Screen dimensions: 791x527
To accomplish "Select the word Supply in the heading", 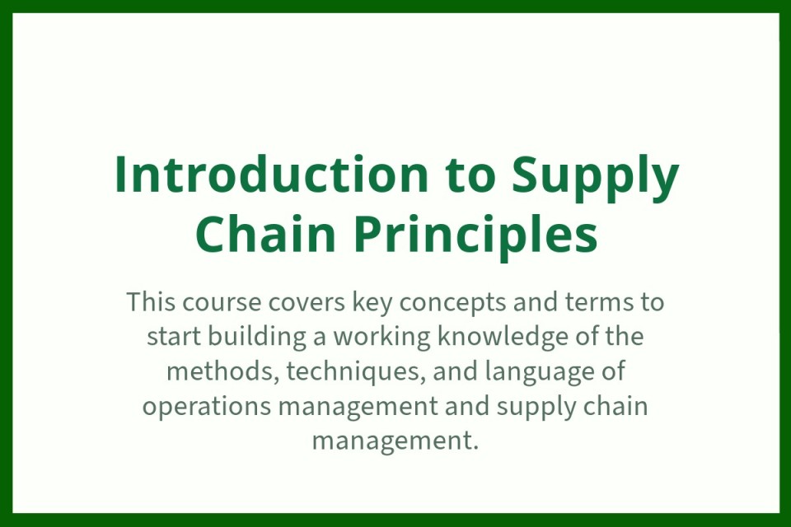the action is point(595,178).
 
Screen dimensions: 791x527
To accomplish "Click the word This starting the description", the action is point(152,301).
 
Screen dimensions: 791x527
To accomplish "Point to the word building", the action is point(257,337).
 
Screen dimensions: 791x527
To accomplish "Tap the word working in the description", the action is point(381,337).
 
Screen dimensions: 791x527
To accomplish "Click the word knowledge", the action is point(503,337).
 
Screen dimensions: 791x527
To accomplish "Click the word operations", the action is point(207,407).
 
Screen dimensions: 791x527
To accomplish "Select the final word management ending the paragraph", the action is point(395,441).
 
